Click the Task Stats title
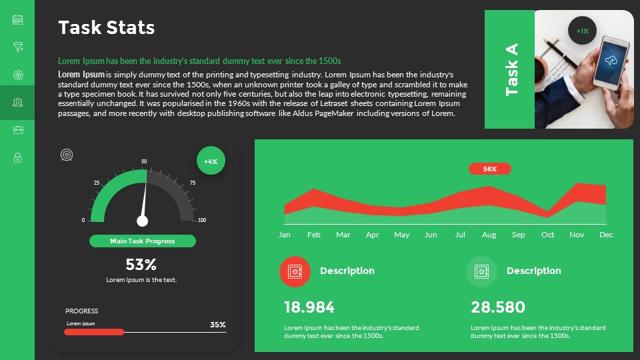coord(107,28)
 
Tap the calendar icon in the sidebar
coord(18,20)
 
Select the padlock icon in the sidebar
coord(18,157)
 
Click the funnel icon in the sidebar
coord(18,47)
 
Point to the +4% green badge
coord(211,161)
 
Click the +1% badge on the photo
coord(583,31)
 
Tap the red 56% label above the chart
coord(490,169)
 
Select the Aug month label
coord(489,235)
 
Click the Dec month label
coord(606,235)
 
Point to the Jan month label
coord(285,235)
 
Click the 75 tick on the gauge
coord(193,183)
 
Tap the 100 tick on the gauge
coord(202,220)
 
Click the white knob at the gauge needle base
coord(142,221)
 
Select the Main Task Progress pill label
coord(143,241)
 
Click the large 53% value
coord(141,265)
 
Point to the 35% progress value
coord(218,325)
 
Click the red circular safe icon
coord(295,271)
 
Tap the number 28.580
coord(498,307)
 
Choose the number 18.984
coord(309,307)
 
